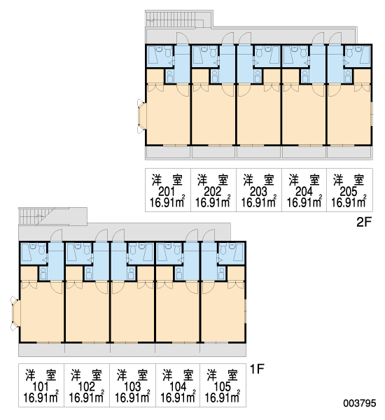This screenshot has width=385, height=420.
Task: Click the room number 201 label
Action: [167, 192]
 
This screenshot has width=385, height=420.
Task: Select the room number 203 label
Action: [258, 192]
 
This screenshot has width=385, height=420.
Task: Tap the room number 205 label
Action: [349, 192]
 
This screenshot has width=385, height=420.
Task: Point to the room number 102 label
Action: [87, 386]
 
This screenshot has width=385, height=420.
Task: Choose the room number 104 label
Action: [178, 386]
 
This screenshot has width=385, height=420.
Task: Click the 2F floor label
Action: [364, 222]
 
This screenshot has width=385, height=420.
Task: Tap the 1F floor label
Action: [257, 369]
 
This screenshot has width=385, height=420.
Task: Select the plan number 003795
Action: [360, 403]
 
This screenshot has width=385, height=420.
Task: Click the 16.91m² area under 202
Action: [213, 202]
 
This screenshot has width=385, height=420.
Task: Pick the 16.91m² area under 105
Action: [222, 397]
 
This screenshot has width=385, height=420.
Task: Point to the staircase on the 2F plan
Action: [179, 19]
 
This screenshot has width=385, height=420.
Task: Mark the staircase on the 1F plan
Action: [52, 216]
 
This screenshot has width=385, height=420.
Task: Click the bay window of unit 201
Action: [141, 116]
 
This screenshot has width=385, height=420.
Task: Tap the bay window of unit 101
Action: [15, 313]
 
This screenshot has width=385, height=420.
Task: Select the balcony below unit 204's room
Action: [304, 153]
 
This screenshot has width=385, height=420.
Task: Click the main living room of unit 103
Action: [132, 312]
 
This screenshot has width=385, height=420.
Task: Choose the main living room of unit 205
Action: [349, 115]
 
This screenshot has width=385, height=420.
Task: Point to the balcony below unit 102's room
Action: [87, 350]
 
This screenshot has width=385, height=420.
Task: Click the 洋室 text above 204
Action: [304, 180]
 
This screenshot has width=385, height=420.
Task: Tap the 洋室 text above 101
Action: [41, 375]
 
